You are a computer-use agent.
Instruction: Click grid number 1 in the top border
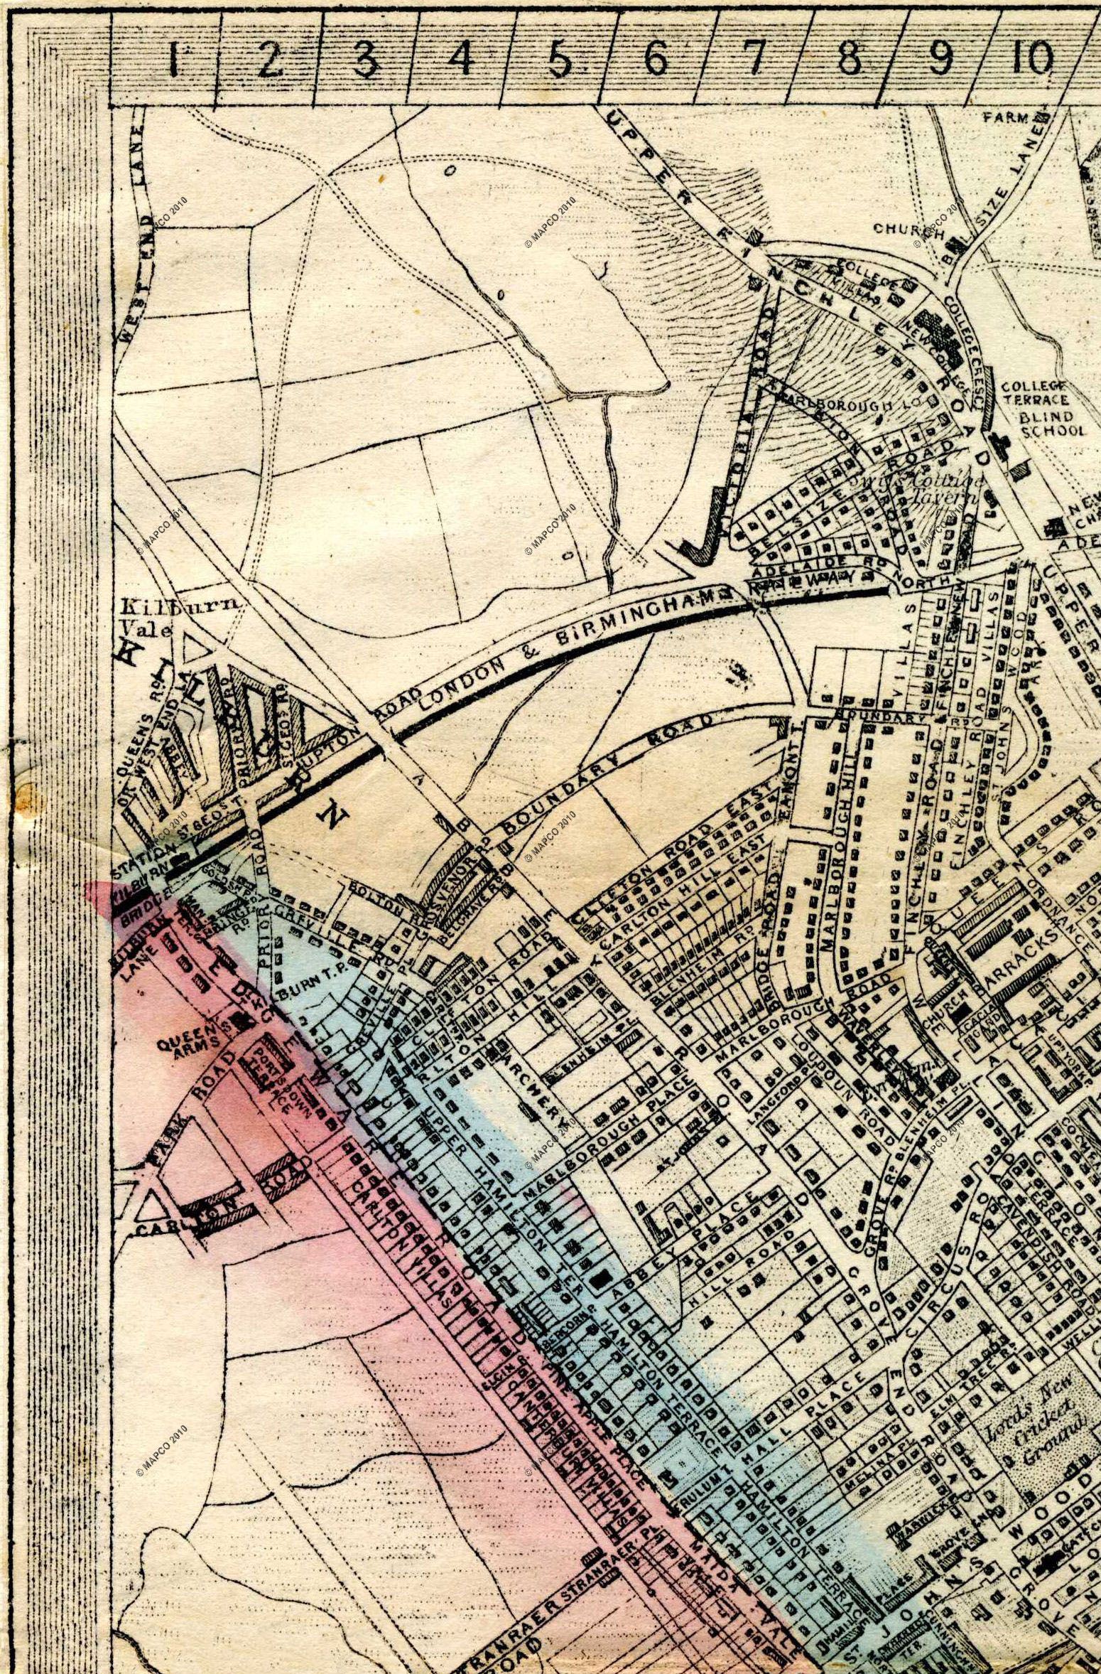173,60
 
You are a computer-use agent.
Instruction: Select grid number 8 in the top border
847,60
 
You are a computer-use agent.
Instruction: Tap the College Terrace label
1043,392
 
